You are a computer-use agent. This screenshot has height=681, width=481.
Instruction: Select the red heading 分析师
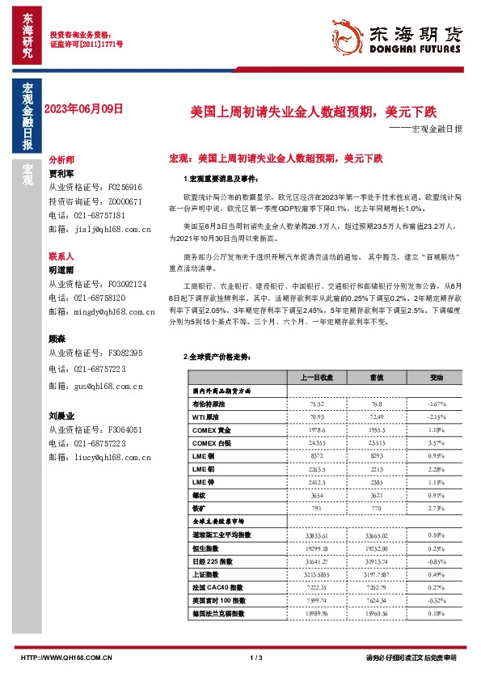tap(61, 160)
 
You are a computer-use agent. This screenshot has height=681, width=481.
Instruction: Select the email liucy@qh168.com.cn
tap(100, 458)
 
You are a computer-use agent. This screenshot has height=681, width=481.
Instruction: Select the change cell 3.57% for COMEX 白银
tap(437, 443)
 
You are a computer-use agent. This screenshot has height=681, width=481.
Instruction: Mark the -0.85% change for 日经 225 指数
tap(437, 560)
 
